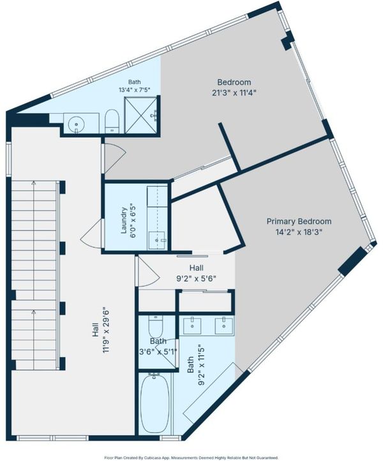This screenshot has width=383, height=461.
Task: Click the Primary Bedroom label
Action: click(x=299, y=221)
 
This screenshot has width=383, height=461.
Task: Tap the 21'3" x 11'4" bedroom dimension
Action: click(x=234, y=93)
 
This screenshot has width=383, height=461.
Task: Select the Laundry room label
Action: click(x=124, y=220)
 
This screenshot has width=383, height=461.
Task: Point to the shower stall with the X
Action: click(x=141, y=114)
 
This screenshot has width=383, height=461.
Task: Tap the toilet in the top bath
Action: click(x=112, y=121)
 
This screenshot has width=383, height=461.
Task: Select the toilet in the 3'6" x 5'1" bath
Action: click(x=156, y=326)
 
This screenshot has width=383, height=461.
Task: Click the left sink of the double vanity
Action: click(x=192, y=326)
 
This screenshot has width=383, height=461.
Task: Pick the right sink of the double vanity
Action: click(x=224, y=326)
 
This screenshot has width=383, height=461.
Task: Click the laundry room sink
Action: click(x=157, y=241)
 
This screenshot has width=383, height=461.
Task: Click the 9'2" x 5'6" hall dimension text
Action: click(x=197, y=278)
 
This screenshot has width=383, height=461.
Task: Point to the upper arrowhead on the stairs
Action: click(x=33, y=183)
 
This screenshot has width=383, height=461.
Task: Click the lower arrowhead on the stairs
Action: click(x=33, y=312)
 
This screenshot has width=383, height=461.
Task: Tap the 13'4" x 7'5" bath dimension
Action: click(x=134, y=90)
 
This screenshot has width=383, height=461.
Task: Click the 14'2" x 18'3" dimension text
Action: click(x=299, y=232)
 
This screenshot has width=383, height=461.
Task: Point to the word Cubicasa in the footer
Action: click(x=150, y=458)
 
